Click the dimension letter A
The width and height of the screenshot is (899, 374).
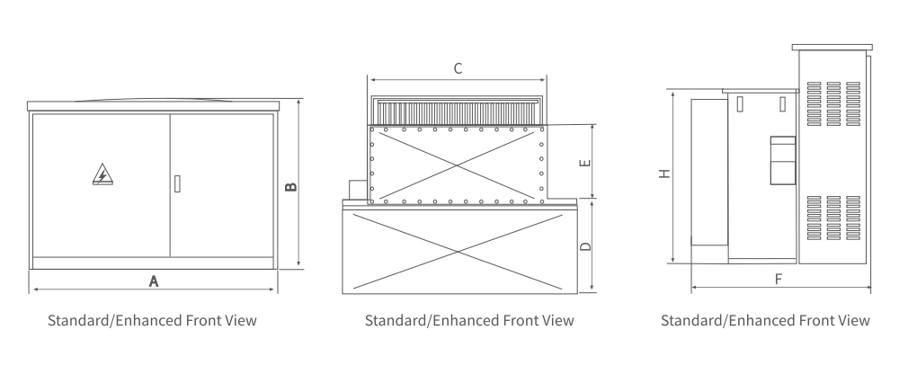click(x=153, y=280)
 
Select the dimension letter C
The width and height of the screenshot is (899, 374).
click(x=458, y=68)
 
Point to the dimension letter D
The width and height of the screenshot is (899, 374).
click(x=584, y=245)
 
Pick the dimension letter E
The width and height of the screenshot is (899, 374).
click(x=584, y=164)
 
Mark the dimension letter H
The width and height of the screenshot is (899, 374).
click(x=663, y=174)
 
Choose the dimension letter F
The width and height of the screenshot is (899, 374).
click(x=779, y=279)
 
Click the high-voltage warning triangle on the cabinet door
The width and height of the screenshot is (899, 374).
click(x=102, y=174)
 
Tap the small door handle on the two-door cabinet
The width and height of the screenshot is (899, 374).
click(x=177, y=183)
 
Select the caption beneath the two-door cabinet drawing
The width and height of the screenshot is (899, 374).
click(x=152, y=320)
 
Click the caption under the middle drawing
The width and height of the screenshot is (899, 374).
click(x=469, y=320)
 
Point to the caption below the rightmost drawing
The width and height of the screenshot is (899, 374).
click(x=765, y=320)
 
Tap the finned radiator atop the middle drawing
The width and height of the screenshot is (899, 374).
click(x=458, y=111)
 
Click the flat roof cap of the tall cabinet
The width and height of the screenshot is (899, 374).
click(x=832, y=47)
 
